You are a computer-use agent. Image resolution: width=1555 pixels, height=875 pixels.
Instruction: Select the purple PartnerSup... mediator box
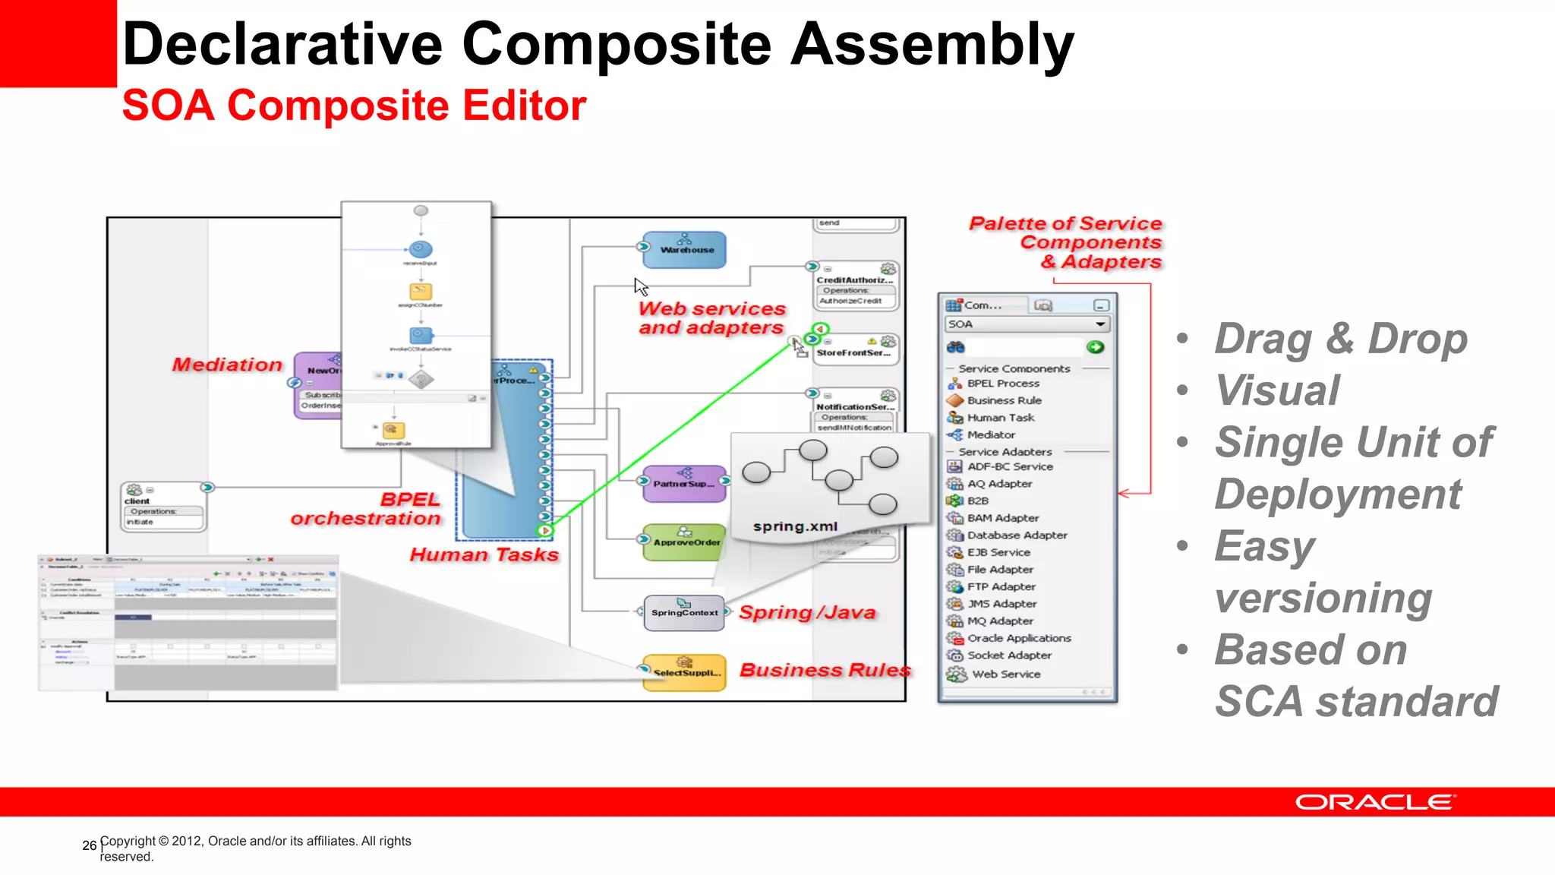tap(684, 484)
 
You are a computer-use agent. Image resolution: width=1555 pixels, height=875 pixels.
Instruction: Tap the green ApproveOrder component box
tap(684, 542)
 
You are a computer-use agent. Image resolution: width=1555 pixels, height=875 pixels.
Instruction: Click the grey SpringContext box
tap(684, 613)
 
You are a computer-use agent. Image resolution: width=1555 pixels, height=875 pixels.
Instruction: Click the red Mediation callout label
tap(227, 365)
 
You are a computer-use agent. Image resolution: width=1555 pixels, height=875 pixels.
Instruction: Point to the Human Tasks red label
tap(484, 554)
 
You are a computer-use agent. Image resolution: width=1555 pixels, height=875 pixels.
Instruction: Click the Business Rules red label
tap(825, 670)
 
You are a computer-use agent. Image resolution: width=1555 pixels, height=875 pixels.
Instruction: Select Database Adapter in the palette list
tap(1017, 535)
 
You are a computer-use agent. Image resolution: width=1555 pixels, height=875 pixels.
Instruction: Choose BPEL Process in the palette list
tap(1003, 384)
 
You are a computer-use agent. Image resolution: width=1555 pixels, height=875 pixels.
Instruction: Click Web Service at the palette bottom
tap(1006, 674)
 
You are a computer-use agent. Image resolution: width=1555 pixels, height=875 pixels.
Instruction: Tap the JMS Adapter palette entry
tap(1001, 604)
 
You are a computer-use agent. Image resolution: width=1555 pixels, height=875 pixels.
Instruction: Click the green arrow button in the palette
tap(1095, 347)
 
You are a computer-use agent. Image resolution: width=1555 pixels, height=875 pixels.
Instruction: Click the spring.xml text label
tap(795, 526)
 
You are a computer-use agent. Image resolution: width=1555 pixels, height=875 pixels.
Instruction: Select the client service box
tap(162, 507)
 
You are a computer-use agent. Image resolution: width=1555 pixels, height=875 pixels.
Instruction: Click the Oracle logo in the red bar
tap(1374, 802)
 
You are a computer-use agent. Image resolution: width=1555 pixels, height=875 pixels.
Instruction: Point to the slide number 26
tap(89, 845)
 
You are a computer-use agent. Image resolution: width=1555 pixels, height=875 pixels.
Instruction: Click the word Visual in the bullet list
tap(1277, 390)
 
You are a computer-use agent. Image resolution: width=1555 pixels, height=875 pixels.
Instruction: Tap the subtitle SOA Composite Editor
tap(354, 106)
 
